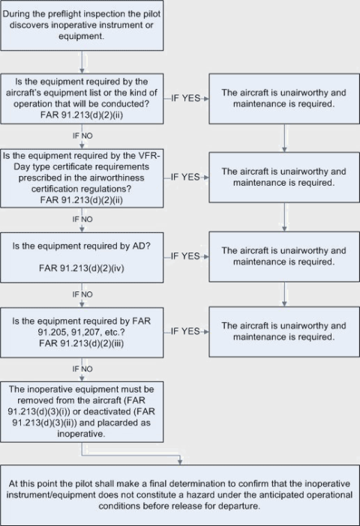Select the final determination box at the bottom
click(x=180, y=494)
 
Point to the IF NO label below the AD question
click(x=82, y=295)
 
